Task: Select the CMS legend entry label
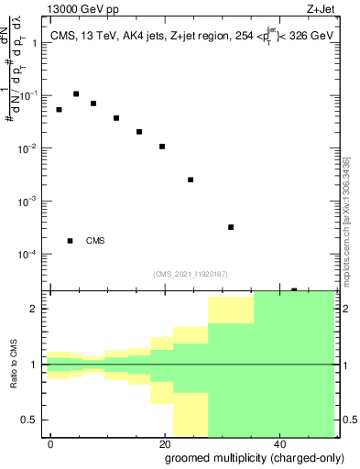[95, 241]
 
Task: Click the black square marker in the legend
[71, 241]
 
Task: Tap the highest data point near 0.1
[76, 93]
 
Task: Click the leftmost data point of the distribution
[60, 110]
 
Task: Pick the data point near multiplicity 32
[231, 227]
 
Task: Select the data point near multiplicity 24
[191, 180]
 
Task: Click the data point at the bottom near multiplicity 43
[294, 290]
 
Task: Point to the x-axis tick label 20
[165, 443]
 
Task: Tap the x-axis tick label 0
[51, 443]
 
